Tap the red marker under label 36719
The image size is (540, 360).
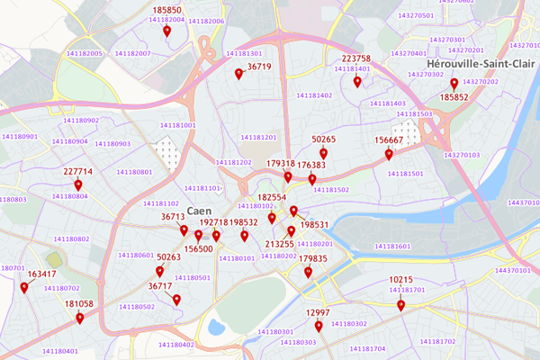(x=238, y=74)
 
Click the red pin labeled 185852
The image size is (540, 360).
(x=454, y=84)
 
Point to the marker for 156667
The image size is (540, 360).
(x=389, y=154)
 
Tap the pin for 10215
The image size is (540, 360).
(x=401, y=305)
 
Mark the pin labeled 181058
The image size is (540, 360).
(x=79, y=318)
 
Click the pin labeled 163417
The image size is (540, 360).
(x=24, y=288)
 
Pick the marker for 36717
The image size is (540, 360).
(x=176, y=300)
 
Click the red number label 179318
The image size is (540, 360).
(x=281, y=164)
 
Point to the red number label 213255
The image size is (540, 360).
(x=280, y=244)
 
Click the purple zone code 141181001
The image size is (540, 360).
(x=177, y=125)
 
